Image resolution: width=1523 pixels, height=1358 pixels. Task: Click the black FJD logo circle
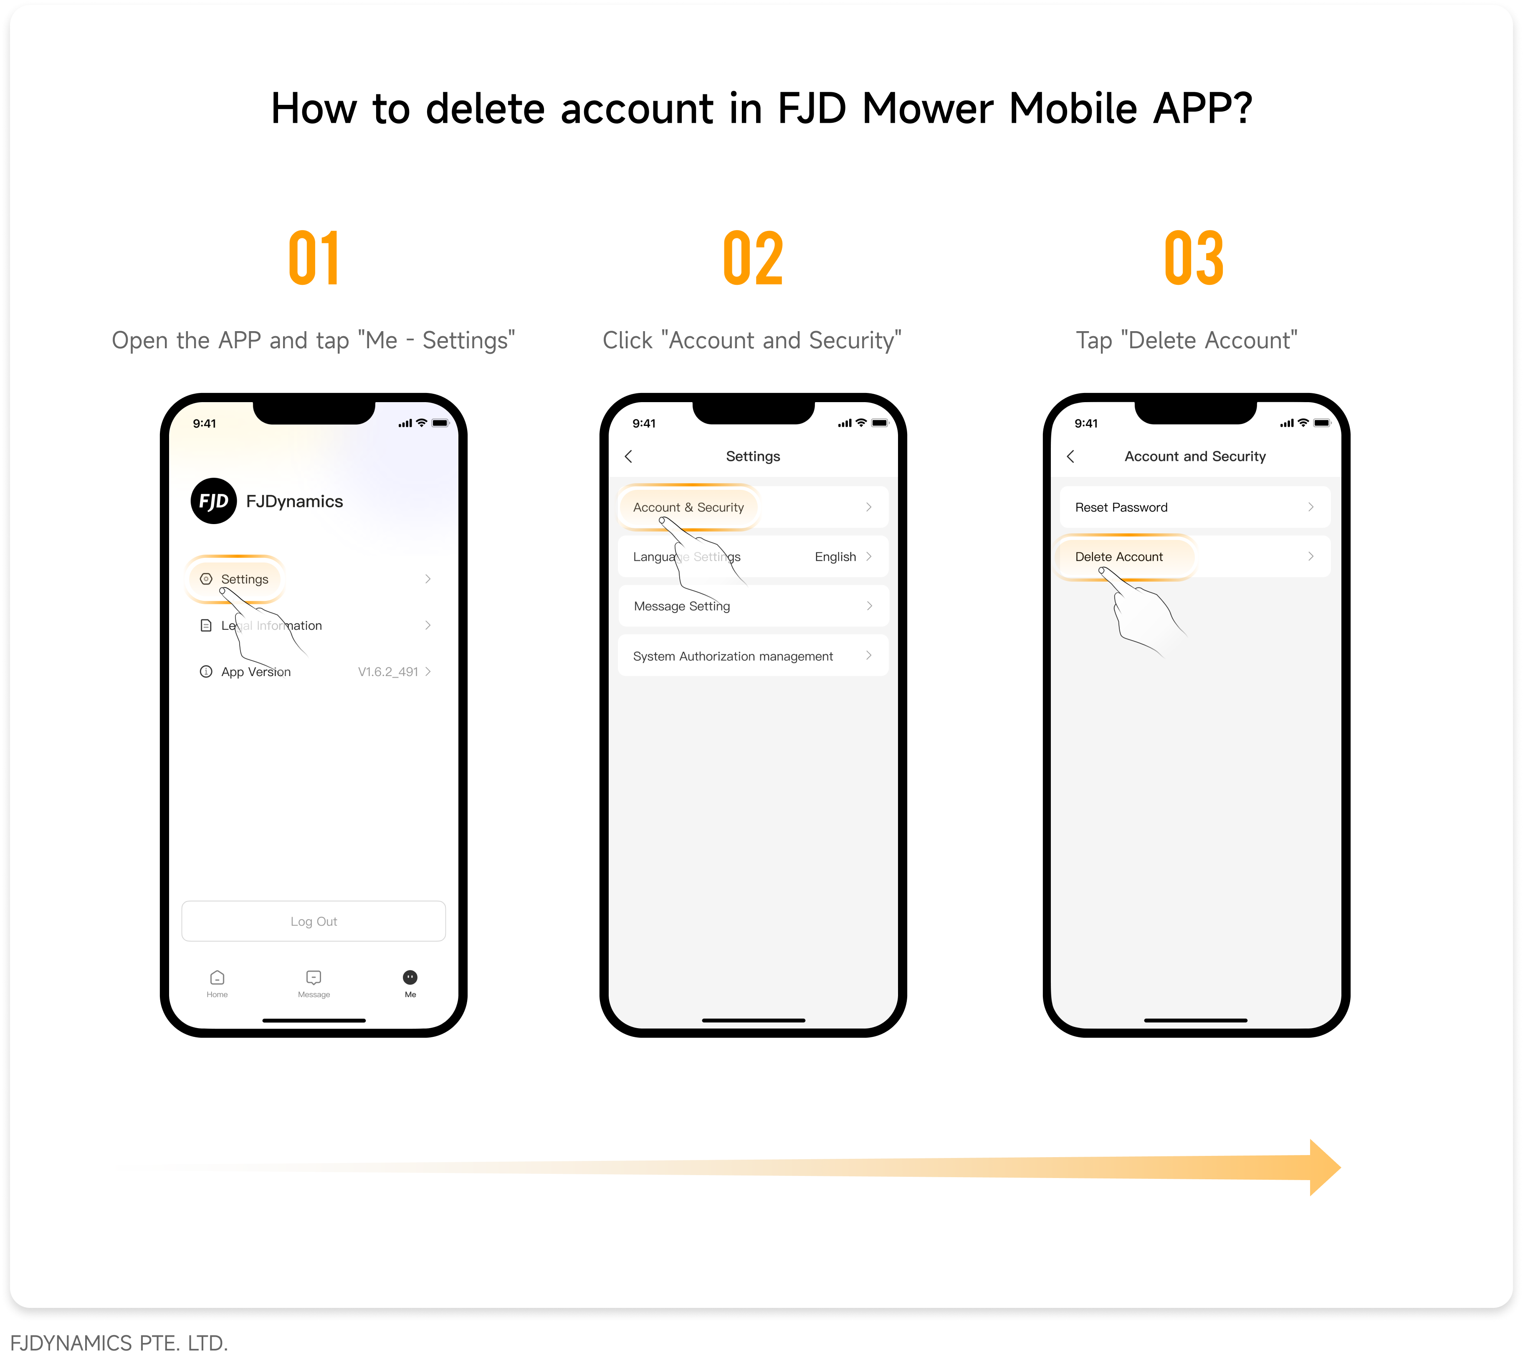[x=213, y=501]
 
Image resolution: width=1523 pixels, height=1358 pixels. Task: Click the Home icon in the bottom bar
[x=217, y=978]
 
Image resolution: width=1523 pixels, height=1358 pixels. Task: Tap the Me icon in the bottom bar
[x=410, y=978]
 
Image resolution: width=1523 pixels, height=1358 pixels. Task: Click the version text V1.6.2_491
[x=388, y=671]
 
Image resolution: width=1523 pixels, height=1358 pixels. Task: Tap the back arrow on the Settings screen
[x=629, y=456]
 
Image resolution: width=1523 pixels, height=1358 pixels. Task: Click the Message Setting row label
[x=682, y=606]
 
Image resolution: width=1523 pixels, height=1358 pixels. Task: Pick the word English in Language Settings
[x=835, y=557]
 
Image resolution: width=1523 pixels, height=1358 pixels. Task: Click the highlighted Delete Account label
[x=1119, y=557]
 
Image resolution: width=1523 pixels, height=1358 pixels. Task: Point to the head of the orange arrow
[x=1340, y=1168]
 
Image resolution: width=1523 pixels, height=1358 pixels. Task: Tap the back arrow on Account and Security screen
[x=1071, y=456]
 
